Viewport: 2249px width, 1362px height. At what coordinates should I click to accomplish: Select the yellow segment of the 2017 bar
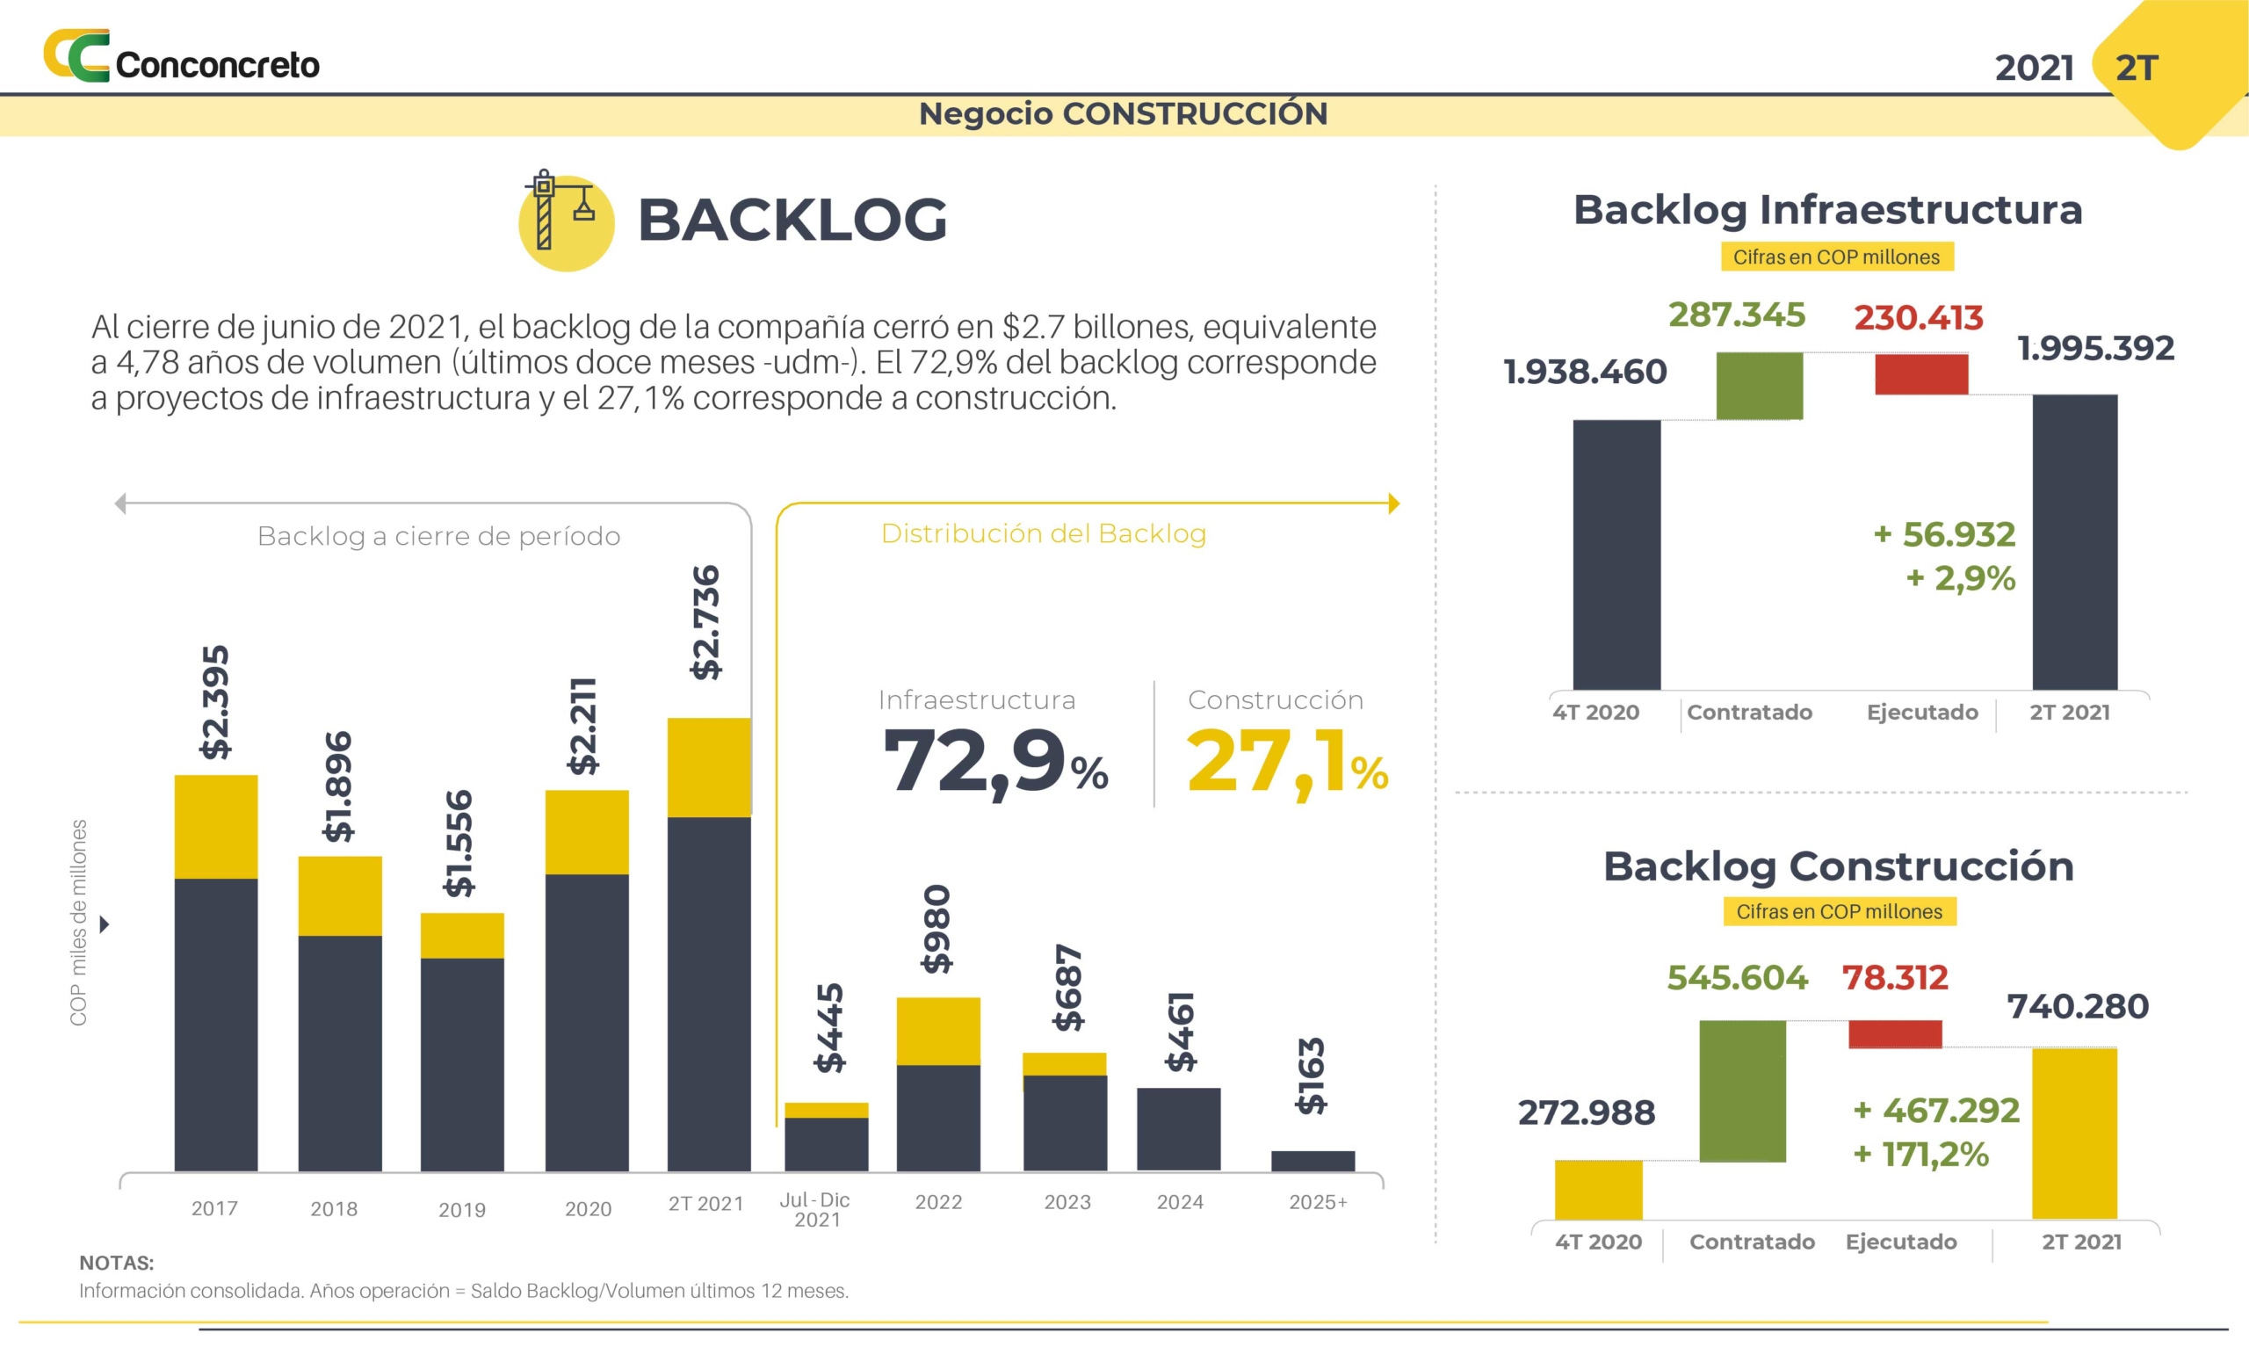(215, 826)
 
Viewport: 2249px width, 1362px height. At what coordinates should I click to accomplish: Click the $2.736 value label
(705, 623)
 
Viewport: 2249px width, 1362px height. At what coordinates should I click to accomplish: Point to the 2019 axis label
(462, 1210)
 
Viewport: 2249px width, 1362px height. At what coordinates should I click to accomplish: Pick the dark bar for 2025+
(1313, 1160)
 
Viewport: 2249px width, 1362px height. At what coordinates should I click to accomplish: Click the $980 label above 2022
(936, 929)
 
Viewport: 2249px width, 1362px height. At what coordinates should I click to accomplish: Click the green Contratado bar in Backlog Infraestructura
(1759, 385)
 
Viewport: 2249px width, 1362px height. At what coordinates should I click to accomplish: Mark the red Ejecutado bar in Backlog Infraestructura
(1920, 374)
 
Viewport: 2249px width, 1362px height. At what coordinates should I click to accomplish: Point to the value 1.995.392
(2095, 348)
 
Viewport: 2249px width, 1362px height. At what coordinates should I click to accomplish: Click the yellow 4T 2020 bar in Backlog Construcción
(1598, 1190)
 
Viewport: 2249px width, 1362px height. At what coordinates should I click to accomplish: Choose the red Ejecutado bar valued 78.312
(1895, 1033)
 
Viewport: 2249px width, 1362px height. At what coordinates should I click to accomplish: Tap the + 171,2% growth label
(1920, 1155)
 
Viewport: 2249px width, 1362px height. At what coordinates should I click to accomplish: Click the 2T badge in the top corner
(2137, 69)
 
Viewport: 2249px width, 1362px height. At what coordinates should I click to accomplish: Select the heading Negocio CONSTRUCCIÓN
(1123, 114)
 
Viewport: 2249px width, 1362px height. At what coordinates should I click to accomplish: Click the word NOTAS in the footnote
(116, 1263)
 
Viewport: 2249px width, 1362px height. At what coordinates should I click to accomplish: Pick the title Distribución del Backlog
(1044, 533)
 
